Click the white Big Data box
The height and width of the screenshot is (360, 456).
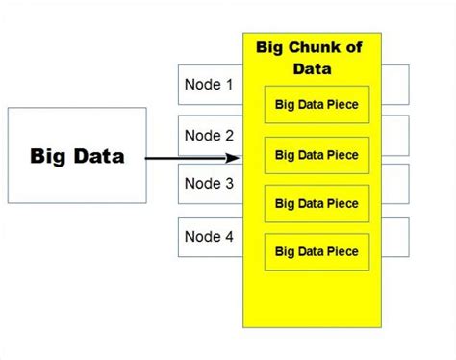[77, 155]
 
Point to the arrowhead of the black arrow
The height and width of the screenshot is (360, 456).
[234, 158]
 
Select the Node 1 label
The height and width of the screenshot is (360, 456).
[209, 85]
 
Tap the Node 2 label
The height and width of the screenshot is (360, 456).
[209, 135]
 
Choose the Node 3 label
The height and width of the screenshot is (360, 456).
[209, 184]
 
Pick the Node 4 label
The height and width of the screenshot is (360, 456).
[209, 235]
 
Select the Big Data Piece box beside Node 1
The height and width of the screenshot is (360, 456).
[317, 105]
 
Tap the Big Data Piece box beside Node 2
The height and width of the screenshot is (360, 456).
[317, 154]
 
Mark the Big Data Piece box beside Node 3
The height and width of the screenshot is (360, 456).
[317, 203]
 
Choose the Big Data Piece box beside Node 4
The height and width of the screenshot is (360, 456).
[317, 251]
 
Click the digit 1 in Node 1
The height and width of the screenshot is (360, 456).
[228, 85]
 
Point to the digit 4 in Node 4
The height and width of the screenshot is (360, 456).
[228, 235]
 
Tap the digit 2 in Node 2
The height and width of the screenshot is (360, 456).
[228, 135]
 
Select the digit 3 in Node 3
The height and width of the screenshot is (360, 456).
[228, 184]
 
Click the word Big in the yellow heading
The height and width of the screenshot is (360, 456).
[272, 46]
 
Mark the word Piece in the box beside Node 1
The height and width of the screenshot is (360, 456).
[342, 105]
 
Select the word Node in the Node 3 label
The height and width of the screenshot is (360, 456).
[202, 184]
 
